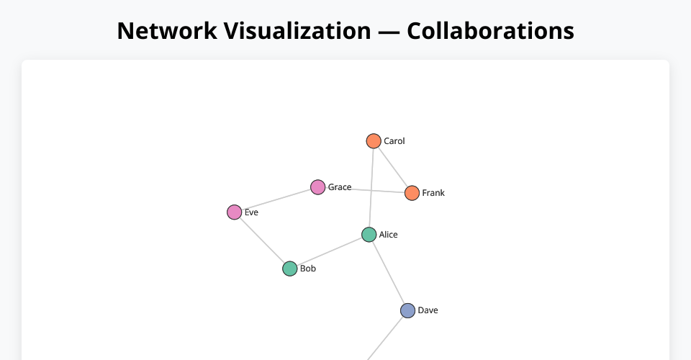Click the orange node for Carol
373,141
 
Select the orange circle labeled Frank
412,193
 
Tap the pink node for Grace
317,187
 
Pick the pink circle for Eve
234,212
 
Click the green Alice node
369,235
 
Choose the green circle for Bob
289,269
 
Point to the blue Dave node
407,310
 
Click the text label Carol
394,141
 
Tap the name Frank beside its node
433,193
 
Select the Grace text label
340,187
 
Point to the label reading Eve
251,212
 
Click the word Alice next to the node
389,235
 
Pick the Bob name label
308,269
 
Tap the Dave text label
428,310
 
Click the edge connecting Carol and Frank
392,167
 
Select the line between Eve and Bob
262,240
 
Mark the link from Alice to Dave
389,273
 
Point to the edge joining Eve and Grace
276,199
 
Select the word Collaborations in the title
490,31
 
